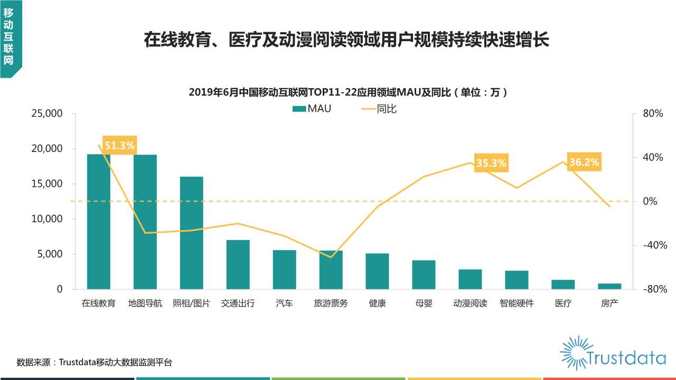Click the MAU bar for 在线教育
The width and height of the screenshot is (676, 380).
coord(99,222)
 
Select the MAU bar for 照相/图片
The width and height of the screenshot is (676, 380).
coord(191,233)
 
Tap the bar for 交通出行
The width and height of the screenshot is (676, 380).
coord(238,264)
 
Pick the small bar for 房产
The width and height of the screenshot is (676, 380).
coord(609,286)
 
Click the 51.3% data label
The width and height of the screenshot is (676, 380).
coord(119,146)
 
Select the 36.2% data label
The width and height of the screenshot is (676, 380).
coord(584,162)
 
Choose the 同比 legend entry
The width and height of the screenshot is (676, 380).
coord(379,109)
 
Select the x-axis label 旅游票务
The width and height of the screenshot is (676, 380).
coord(331,303)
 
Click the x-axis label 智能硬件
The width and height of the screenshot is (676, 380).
coord(517,303)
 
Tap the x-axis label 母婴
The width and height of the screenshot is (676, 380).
coord(424,303)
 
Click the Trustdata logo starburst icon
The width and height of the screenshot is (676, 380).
coord(574,352)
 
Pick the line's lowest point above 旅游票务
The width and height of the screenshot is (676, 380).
coord(331,258)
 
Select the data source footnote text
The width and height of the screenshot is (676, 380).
coord(94,362)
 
